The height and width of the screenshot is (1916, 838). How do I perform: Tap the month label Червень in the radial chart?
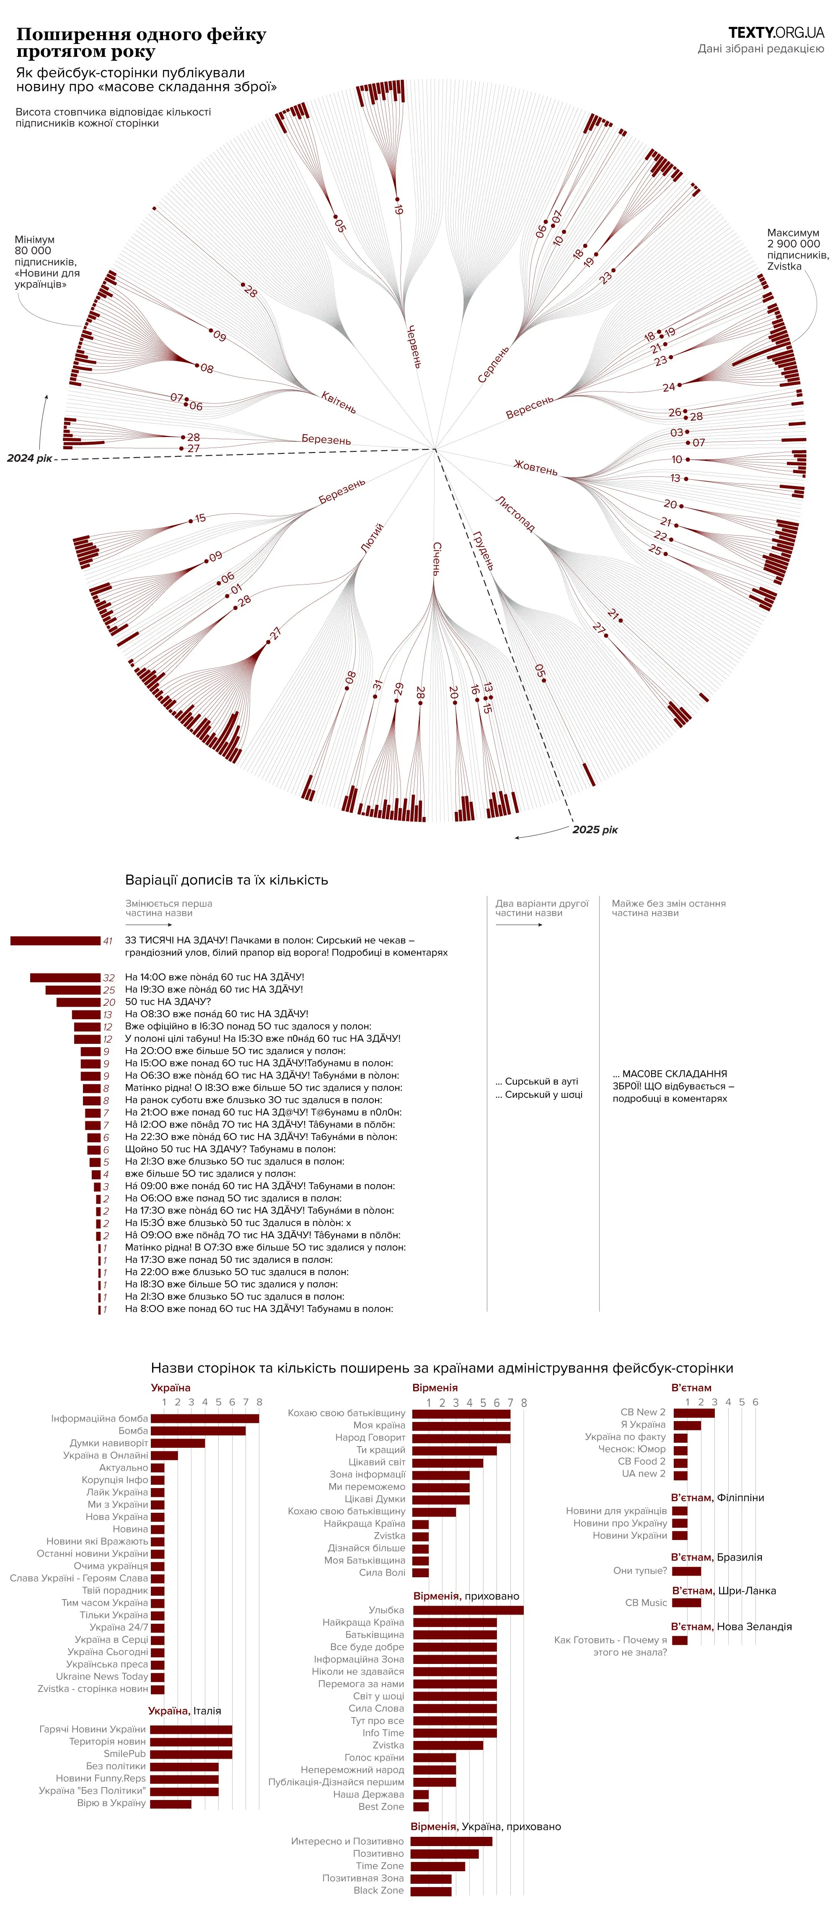pos(414,346)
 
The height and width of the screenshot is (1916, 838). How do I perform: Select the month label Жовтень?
pos(535,468)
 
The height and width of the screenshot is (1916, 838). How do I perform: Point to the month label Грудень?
pos(483,551)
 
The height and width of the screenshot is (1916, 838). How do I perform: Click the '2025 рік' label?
pos(595,829)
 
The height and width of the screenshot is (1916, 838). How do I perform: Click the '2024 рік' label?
pos(30,458)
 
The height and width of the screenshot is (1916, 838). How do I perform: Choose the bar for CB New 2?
pos(693,1412)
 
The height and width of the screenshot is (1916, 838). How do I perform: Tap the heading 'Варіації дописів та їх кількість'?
pos(226,880)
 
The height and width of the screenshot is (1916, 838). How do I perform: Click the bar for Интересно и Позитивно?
pos(451,1841)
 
